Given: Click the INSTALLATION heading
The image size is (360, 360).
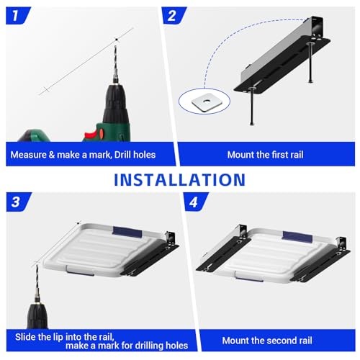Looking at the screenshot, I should tap(179, 179).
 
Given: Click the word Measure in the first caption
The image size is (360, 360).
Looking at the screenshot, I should tap(33, 154).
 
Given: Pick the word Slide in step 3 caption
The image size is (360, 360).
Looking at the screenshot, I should tap(28, 336).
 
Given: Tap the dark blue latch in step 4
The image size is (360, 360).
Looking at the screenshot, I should tap(296, 236).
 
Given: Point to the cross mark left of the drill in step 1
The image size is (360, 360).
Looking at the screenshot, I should tap(46, 90).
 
